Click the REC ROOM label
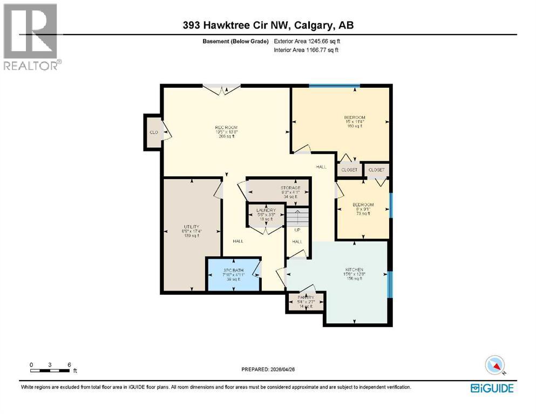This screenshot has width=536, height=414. click(226, 127)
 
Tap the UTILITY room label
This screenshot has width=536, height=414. click(192, 226)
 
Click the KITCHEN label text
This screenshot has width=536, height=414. click(354, 270)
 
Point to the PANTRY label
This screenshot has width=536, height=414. click(306, 297)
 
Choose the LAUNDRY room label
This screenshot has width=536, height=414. click(266, 210)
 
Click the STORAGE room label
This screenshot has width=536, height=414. click(290, 188)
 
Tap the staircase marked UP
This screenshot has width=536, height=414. click(296, 218)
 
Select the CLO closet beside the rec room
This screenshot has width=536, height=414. click(153, 132)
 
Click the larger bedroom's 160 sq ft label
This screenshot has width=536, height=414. click(355, 127)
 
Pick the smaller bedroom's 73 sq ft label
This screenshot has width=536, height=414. click(363, 213)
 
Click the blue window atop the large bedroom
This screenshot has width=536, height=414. click(334, 86)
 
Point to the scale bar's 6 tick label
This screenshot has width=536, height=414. click(69, 364)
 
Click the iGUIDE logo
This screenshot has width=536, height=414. click(492, 388)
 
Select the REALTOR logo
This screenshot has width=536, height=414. click(31, 37)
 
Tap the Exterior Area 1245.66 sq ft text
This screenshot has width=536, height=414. click(308, 41)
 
